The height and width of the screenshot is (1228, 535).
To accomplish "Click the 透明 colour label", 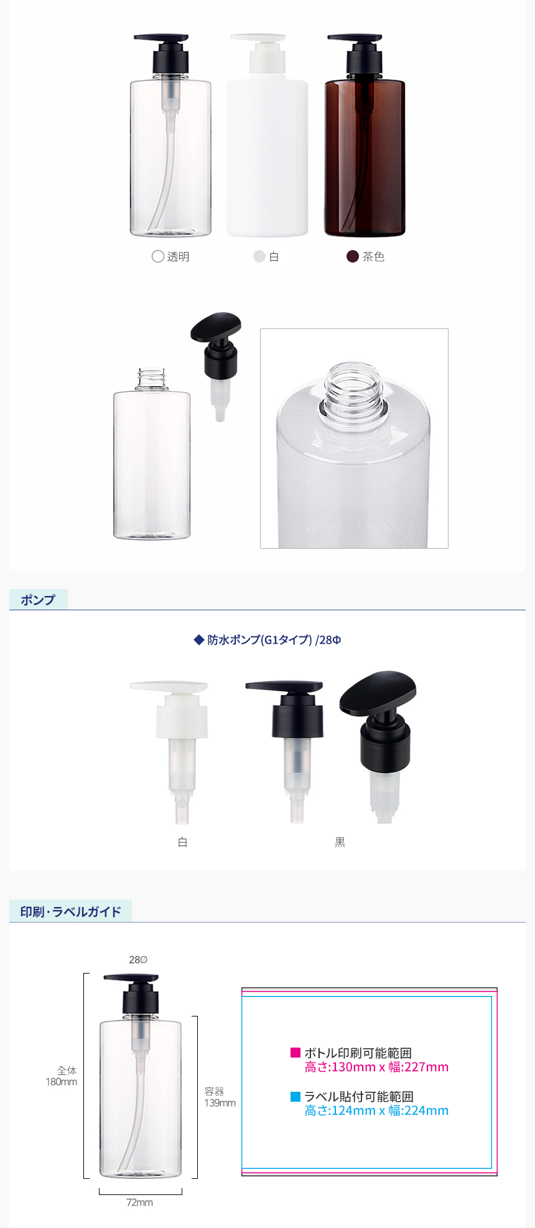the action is point(179,257).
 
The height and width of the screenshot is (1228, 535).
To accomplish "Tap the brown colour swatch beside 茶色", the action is point(353,257).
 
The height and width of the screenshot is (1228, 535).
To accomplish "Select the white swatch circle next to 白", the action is point(259,257).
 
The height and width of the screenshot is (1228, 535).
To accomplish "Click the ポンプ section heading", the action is point(38,600).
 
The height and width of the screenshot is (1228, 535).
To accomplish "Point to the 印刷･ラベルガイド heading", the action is point(70,912).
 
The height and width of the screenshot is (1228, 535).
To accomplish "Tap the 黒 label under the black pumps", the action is point(340,842).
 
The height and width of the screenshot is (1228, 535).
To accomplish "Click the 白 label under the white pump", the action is point(183,842).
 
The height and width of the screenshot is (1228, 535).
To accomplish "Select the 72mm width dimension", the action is point(140,1202).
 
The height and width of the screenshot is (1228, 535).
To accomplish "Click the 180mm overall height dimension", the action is point(62,1082).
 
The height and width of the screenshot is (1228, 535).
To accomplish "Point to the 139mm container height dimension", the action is point(220,1103).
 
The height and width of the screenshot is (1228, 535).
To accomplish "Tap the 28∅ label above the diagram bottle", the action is point(138,960).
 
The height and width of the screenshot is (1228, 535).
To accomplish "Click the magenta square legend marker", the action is point(295,1053).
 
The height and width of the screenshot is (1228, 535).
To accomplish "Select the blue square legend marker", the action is point(295,1096).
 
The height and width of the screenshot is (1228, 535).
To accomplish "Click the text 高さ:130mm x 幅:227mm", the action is point(376,1067).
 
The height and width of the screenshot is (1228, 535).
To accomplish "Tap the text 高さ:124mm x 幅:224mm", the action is point(376,1110).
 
